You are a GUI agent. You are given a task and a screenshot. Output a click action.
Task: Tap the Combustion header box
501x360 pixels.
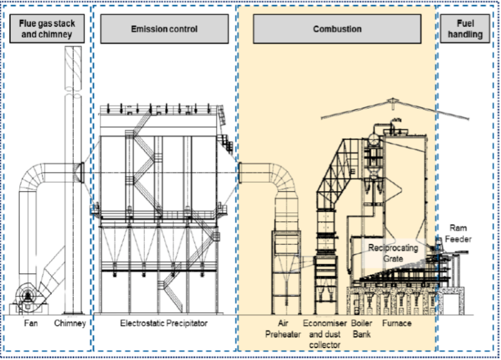coord(337,29)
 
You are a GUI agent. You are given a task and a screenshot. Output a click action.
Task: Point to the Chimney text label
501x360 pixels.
coord(70,324)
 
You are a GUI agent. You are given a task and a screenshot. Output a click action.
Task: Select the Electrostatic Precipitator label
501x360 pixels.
coord(163,324)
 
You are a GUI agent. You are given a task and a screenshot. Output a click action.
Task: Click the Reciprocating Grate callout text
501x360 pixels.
coord(393,253)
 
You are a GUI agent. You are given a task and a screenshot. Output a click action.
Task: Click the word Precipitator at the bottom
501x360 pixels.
coord(185,324)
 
